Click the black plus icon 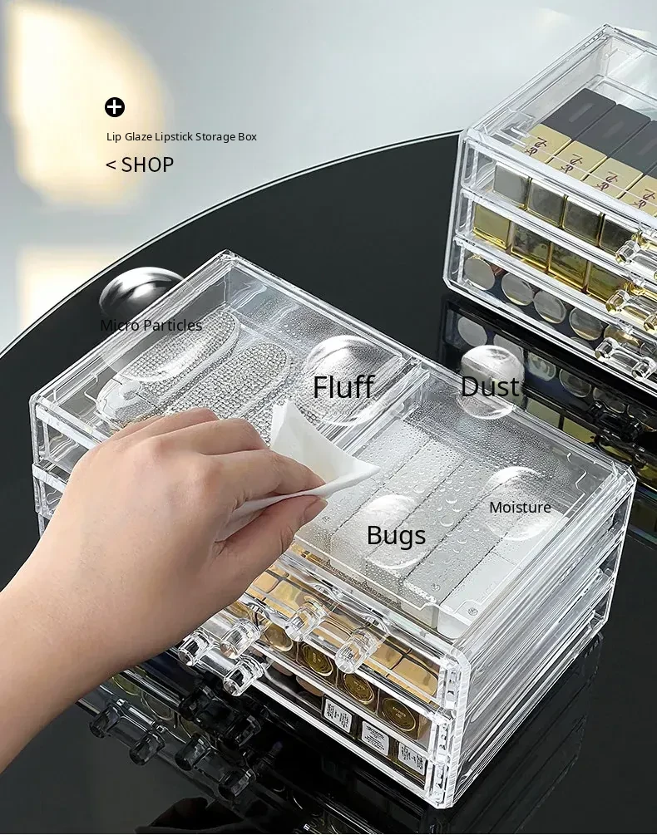click(115, 107)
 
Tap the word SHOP click(147, 165)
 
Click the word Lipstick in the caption click(174, 137)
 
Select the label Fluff click(343, 386)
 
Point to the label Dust click(490, 386)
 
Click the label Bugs click(397, 536)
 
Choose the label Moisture click(520, 508)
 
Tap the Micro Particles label click(151, 326)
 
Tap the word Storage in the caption click(215, 137)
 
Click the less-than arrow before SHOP click(111, 165)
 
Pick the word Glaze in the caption click(139, 137)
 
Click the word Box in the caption click(247, 137)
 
